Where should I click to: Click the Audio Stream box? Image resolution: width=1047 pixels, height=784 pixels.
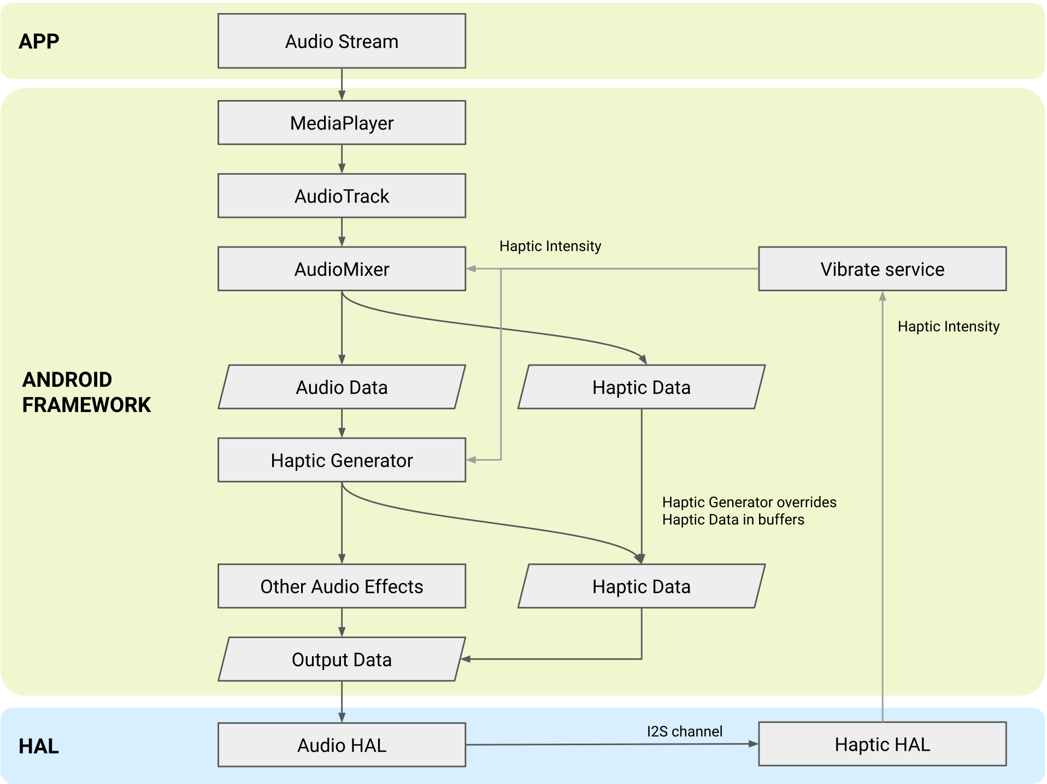tap(342, 41)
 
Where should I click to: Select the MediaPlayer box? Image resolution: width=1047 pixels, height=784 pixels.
tap(342, 122)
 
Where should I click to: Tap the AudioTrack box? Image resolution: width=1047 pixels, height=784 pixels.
tap(342, 196)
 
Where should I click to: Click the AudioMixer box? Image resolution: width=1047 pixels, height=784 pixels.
tap(342, 269)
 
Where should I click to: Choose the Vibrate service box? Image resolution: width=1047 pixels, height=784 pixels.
tap(882, 269)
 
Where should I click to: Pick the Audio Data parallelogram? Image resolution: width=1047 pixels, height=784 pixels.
tap(342, 387)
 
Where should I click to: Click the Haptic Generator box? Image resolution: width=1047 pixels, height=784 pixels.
tap(342, 460)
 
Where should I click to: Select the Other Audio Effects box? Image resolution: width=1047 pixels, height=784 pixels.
tap(342, 586)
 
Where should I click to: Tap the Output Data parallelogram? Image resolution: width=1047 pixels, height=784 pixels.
tap(342, 659)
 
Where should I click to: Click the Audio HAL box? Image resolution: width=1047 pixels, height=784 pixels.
tap(342, 745)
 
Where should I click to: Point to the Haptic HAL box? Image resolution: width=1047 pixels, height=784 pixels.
tap(882, 744)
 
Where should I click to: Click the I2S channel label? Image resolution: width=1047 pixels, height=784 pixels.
tap(684, 731)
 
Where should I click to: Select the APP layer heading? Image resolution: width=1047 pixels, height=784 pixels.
tap(39, 42)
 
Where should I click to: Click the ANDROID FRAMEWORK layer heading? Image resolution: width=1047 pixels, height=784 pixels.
tap(86, 392)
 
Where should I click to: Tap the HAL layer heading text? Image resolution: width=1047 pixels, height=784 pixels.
tap(38, 746)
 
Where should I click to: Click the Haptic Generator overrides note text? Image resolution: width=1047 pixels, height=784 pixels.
tap(749, 510)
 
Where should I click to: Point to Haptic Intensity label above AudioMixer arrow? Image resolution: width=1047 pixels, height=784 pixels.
tap(550, 246)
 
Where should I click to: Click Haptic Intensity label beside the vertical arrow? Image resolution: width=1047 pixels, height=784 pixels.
tap(948, 326)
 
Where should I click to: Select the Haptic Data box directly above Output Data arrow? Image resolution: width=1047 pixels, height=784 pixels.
tap(641, 586)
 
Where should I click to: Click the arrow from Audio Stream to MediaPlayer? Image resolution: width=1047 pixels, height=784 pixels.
tap(342, 84)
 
